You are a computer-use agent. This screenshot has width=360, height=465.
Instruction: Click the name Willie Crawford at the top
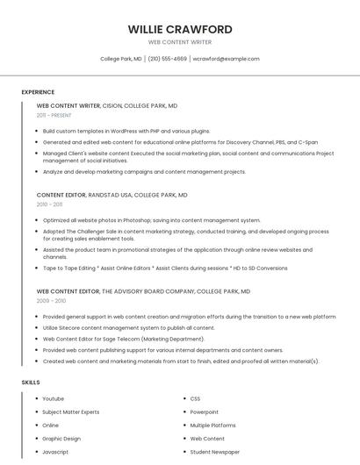180,29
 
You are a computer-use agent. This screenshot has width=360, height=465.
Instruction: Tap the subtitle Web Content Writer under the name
180,42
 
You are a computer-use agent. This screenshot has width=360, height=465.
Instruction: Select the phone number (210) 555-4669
167,59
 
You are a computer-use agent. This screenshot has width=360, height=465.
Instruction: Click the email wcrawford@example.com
226,59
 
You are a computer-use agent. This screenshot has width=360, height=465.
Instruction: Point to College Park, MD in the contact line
121,59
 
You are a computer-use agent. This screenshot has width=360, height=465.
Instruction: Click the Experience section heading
38,92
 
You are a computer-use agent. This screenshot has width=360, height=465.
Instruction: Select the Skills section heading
31,383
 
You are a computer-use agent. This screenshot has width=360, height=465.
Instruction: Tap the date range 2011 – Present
54,115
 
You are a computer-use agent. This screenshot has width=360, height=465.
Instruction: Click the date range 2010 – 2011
49,204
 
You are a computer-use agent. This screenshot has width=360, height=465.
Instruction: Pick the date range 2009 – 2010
50,300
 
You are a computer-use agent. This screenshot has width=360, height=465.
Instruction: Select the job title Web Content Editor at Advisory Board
68,290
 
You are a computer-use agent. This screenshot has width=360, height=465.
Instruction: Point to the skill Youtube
53,398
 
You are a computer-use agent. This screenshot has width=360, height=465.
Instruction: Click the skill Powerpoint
205,411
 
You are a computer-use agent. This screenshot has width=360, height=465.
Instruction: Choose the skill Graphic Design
61,438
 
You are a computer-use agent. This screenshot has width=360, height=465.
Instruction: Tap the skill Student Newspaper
214,451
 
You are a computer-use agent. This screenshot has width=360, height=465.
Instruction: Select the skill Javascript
55,451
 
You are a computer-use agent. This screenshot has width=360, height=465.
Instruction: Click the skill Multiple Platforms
212,425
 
